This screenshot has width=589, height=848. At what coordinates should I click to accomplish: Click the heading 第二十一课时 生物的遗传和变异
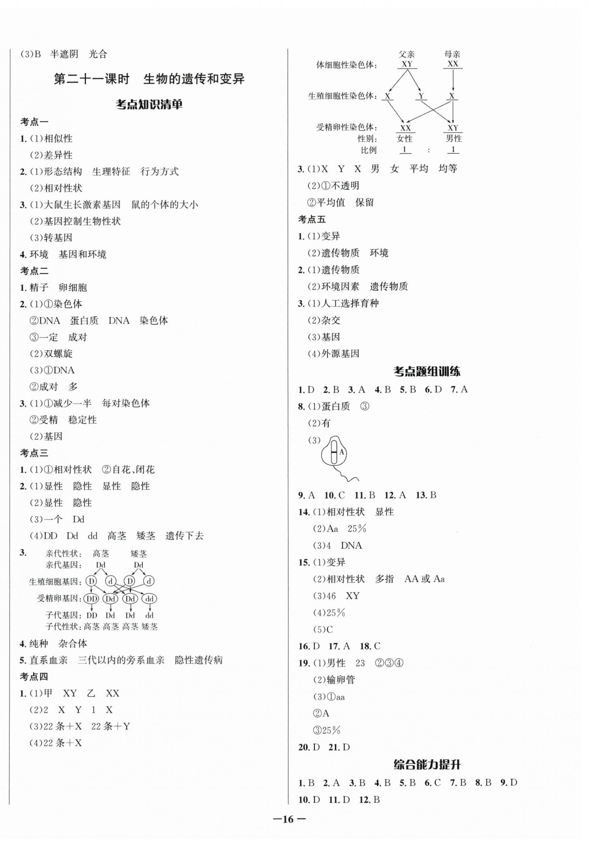[149, 79]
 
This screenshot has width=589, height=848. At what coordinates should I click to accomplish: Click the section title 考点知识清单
[149, 105]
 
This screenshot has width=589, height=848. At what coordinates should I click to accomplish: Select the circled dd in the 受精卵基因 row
[149, 599]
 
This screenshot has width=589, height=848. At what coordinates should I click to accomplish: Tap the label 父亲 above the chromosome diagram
[406, 54]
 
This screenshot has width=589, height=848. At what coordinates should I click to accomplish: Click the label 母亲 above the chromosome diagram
[452, 54]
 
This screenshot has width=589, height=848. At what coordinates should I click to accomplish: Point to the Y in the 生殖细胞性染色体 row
[421, 96]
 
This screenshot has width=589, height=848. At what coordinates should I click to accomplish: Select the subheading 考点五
[312, 220]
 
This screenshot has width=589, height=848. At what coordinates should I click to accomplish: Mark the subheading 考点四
[34, 676]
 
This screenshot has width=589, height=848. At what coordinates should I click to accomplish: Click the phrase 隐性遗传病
[199, 660]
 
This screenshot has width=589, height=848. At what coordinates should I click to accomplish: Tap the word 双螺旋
[58, 354]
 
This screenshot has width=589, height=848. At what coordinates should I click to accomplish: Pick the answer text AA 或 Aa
[424, 579]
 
